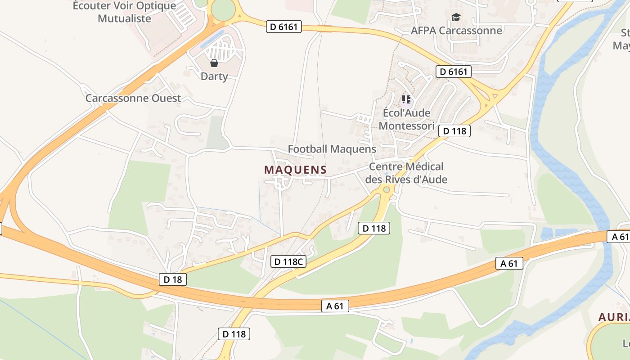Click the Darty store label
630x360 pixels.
[x=214, y=76]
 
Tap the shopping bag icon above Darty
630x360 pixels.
[x=214, y=63]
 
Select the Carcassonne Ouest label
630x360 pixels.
[x=133, y=98]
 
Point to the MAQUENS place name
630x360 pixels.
[x=295, y=170]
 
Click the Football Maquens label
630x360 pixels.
[x=332, y=149]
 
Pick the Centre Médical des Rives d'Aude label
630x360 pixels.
[x=406, y=173]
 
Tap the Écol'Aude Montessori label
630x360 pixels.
[x=406, y=119]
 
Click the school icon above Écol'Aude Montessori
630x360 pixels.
[x=406, y=99]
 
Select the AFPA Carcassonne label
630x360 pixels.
[x=456, y=31]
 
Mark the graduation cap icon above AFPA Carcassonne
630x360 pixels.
[x=456, y=18]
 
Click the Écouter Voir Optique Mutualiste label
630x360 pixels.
[x=125, y=12]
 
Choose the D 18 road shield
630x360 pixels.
[x=173, y=279]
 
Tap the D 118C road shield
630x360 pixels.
[x=288, y=261]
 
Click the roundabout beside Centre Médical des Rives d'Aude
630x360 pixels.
[x=386, y=190]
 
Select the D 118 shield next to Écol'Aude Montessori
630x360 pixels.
[x=454, y=131]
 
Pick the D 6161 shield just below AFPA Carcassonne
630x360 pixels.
[x=454, y=72]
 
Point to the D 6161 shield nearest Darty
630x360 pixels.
[x=284, y=27]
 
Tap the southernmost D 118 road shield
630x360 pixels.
[x=234, y=334]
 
